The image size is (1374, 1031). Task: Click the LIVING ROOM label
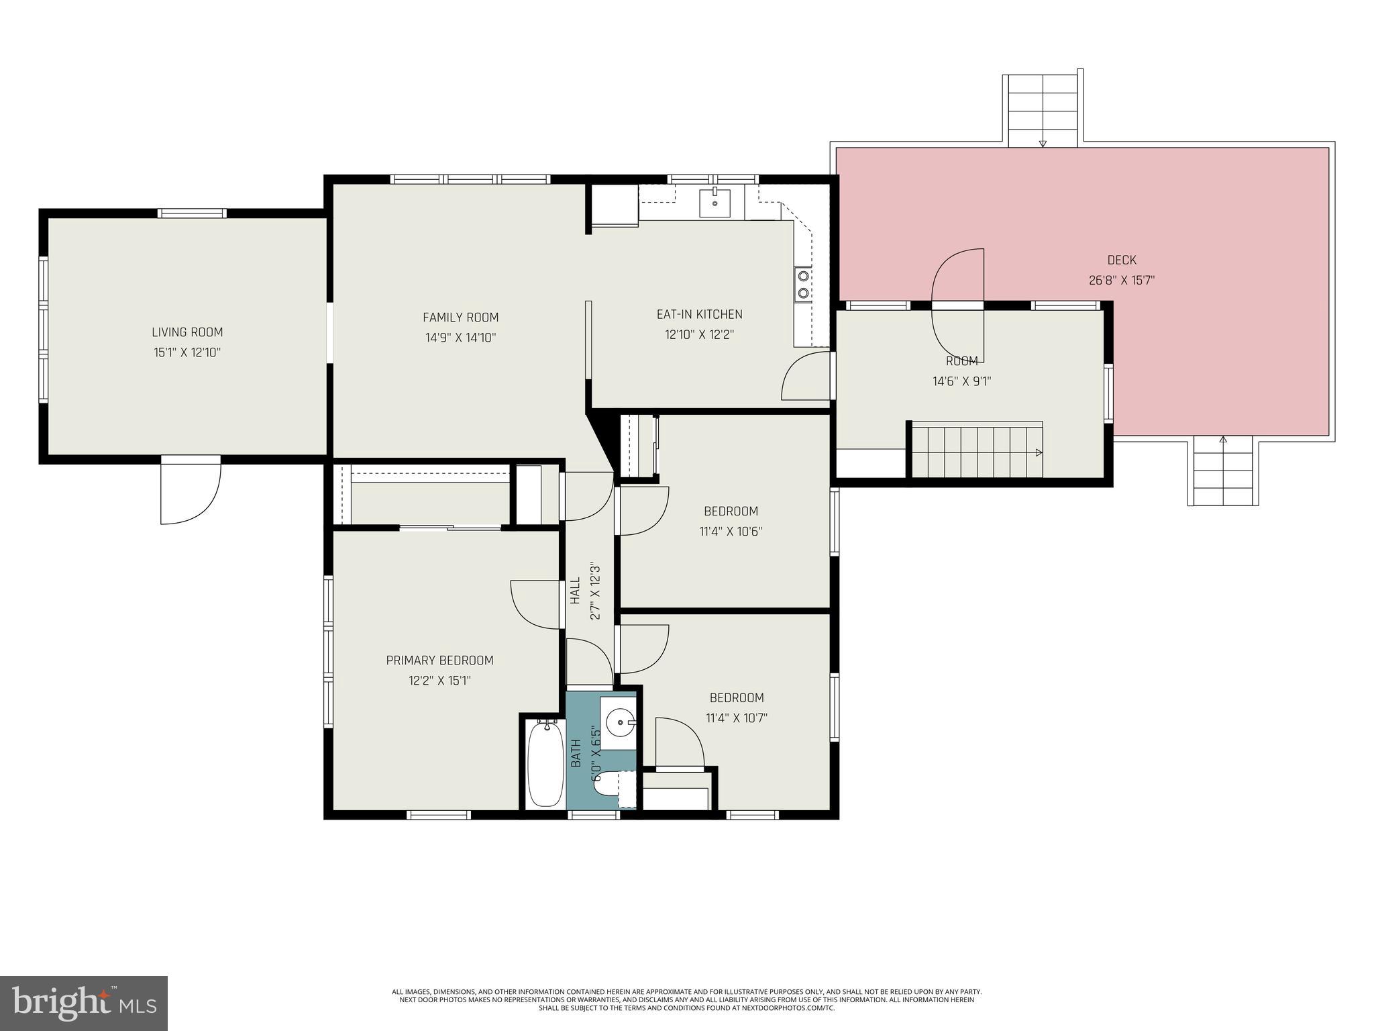(187, 332)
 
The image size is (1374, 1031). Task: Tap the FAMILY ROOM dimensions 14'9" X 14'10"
(460, 338)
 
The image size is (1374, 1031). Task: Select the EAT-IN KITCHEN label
(699, 314)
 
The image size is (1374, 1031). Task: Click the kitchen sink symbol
(716, 202)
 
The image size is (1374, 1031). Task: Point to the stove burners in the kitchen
(803, 284)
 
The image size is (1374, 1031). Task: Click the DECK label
(1121, 260)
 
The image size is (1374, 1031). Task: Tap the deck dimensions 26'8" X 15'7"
(1121, 280)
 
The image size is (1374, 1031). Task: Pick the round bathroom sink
(619, 723)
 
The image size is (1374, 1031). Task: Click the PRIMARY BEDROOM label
(439, 660)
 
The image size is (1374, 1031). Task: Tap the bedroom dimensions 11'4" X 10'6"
(731, 532)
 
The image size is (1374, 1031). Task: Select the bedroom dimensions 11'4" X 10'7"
(736, 718)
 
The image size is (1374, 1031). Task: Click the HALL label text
(575, 591)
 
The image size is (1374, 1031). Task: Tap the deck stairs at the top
(1043, 111)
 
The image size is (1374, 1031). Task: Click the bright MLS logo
(83, 1003)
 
